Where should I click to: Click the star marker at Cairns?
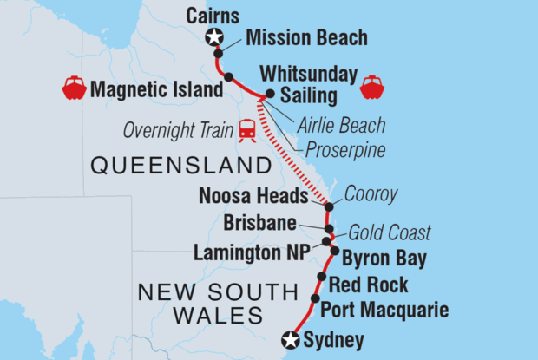point(213,36)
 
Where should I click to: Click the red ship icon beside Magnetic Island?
point(73,87)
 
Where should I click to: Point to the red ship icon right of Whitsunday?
point(372,87)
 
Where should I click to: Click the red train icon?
point(247,130)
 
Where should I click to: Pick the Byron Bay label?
point(379,258)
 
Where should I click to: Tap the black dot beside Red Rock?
point(322,278)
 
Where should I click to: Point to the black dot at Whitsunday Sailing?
point(270,94)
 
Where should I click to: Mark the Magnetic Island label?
point(145,87)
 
